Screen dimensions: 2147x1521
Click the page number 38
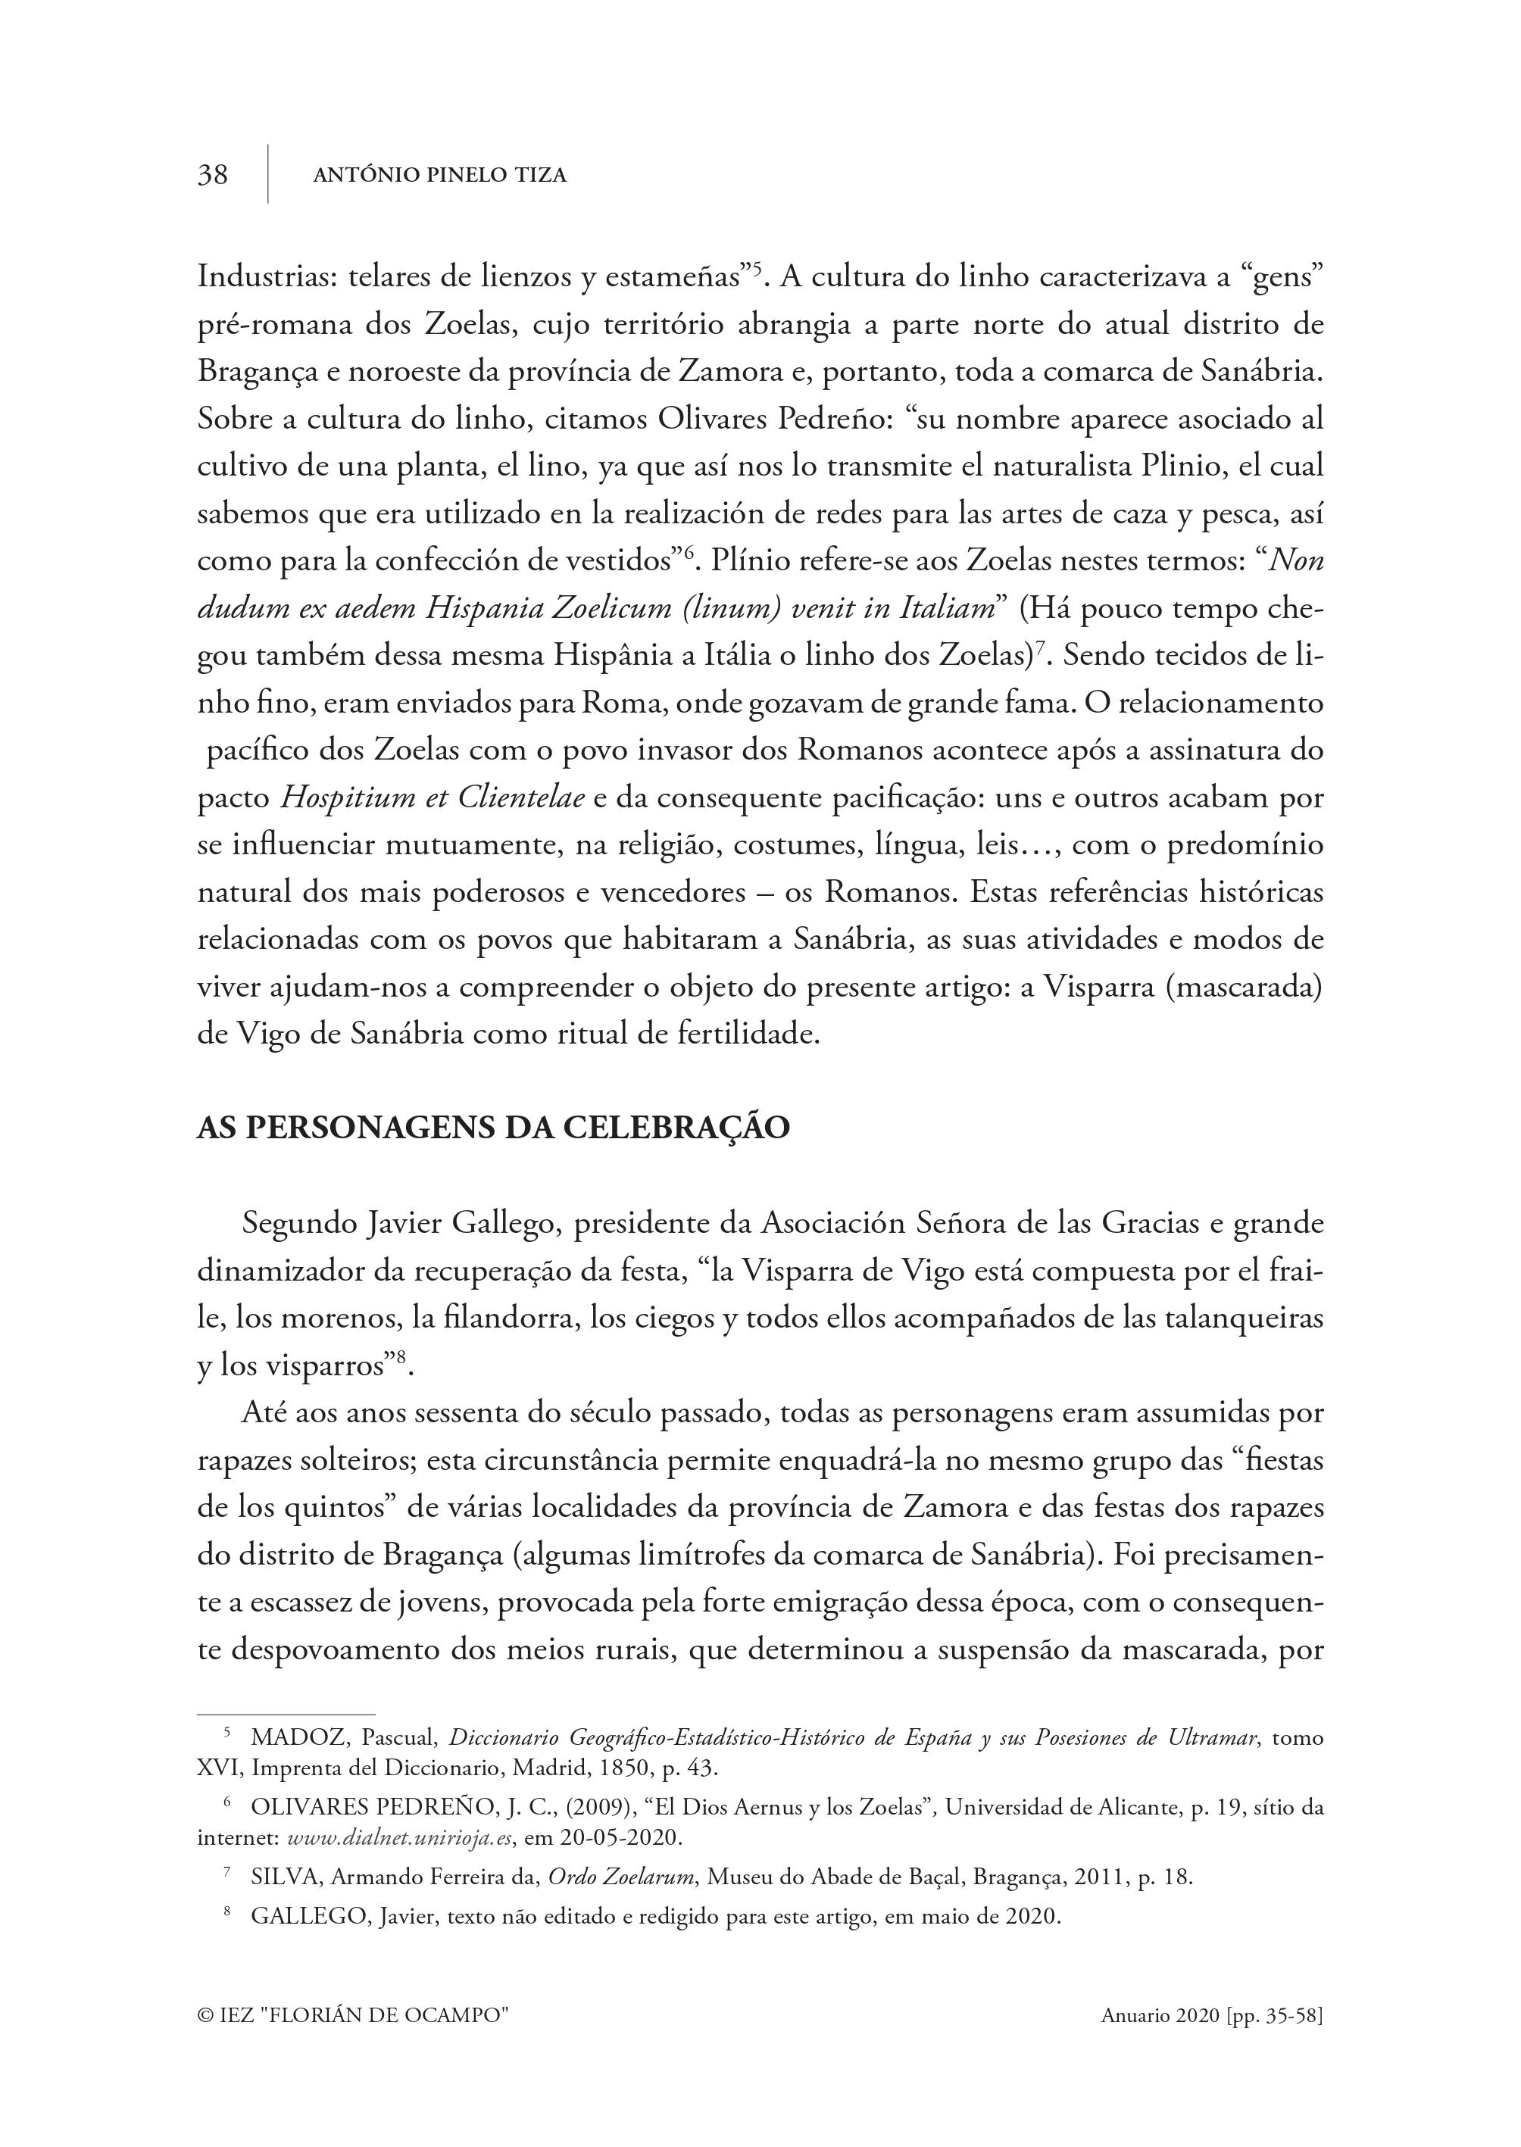pos(213,174)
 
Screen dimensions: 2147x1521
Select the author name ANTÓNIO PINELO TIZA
pos(439,175)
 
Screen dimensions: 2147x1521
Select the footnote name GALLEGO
pos(309,1917)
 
